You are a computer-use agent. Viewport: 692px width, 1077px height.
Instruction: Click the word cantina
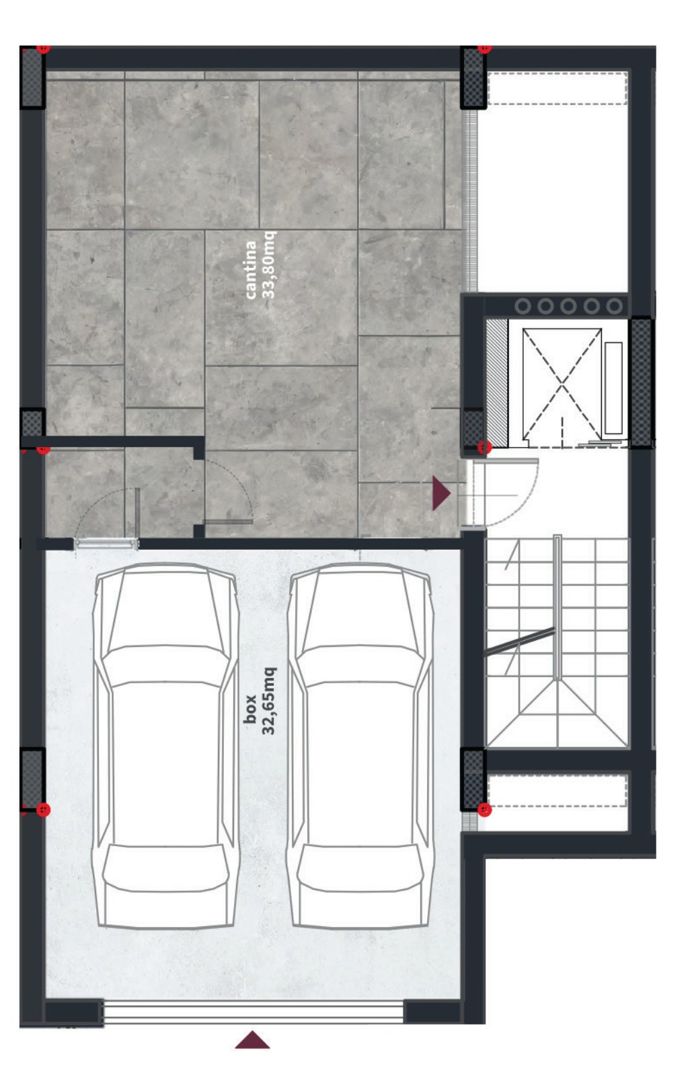(250, 270)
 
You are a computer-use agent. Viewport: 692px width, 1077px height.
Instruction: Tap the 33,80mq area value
(268, 265)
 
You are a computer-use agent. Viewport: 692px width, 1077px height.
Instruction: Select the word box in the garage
(249, 709)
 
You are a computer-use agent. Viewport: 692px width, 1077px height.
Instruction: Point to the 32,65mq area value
(268, 701)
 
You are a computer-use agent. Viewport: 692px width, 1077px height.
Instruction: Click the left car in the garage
(165, 745)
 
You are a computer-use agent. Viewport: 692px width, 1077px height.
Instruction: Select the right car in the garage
(360, 745)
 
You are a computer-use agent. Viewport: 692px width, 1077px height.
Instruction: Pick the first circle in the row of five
(523, 306)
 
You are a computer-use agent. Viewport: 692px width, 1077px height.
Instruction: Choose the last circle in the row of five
(614, 306)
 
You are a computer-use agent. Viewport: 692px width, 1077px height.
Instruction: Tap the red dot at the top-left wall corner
(43, 48)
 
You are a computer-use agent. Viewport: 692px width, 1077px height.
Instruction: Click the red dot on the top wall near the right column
(485, 48)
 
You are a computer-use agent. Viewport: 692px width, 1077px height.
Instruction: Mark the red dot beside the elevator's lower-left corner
(485, 448)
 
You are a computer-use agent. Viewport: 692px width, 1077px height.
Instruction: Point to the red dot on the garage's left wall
(43, 810)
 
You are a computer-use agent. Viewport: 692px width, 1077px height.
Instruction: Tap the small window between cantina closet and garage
(106, 544)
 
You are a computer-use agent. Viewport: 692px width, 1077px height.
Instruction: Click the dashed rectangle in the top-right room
(558, 88)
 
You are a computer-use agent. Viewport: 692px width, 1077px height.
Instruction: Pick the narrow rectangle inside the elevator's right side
(613, 388)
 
